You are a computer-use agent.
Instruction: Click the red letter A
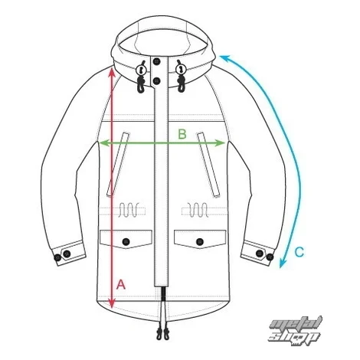(121, 284)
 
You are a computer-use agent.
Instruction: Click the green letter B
(182, 134)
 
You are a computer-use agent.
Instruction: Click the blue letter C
(299, 252)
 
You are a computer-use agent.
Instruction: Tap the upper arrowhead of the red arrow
(112, 71)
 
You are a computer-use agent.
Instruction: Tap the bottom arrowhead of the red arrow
(112, 304)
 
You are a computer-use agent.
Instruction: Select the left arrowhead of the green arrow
(103, 143)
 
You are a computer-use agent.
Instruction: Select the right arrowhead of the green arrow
(221, 143)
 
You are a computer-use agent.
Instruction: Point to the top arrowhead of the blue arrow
(224, 58)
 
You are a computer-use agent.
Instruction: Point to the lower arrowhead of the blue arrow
(283, 263)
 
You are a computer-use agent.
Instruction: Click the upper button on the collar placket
(156, 61)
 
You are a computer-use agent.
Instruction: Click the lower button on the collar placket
(156, 81)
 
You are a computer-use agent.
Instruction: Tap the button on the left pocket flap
(126, 241)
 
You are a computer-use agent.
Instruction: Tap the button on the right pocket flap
(200, 241)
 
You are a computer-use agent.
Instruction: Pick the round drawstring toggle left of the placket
(141, 70)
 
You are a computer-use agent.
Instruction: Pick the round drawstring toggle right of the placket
(181, 70)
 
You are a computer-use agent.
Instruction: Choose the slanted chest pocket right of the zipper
(208, 165)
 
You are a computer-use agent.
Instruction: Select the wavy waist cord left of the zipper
(129, 210)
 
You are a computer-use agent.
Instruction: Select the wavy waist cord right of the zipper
(198, 210)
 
